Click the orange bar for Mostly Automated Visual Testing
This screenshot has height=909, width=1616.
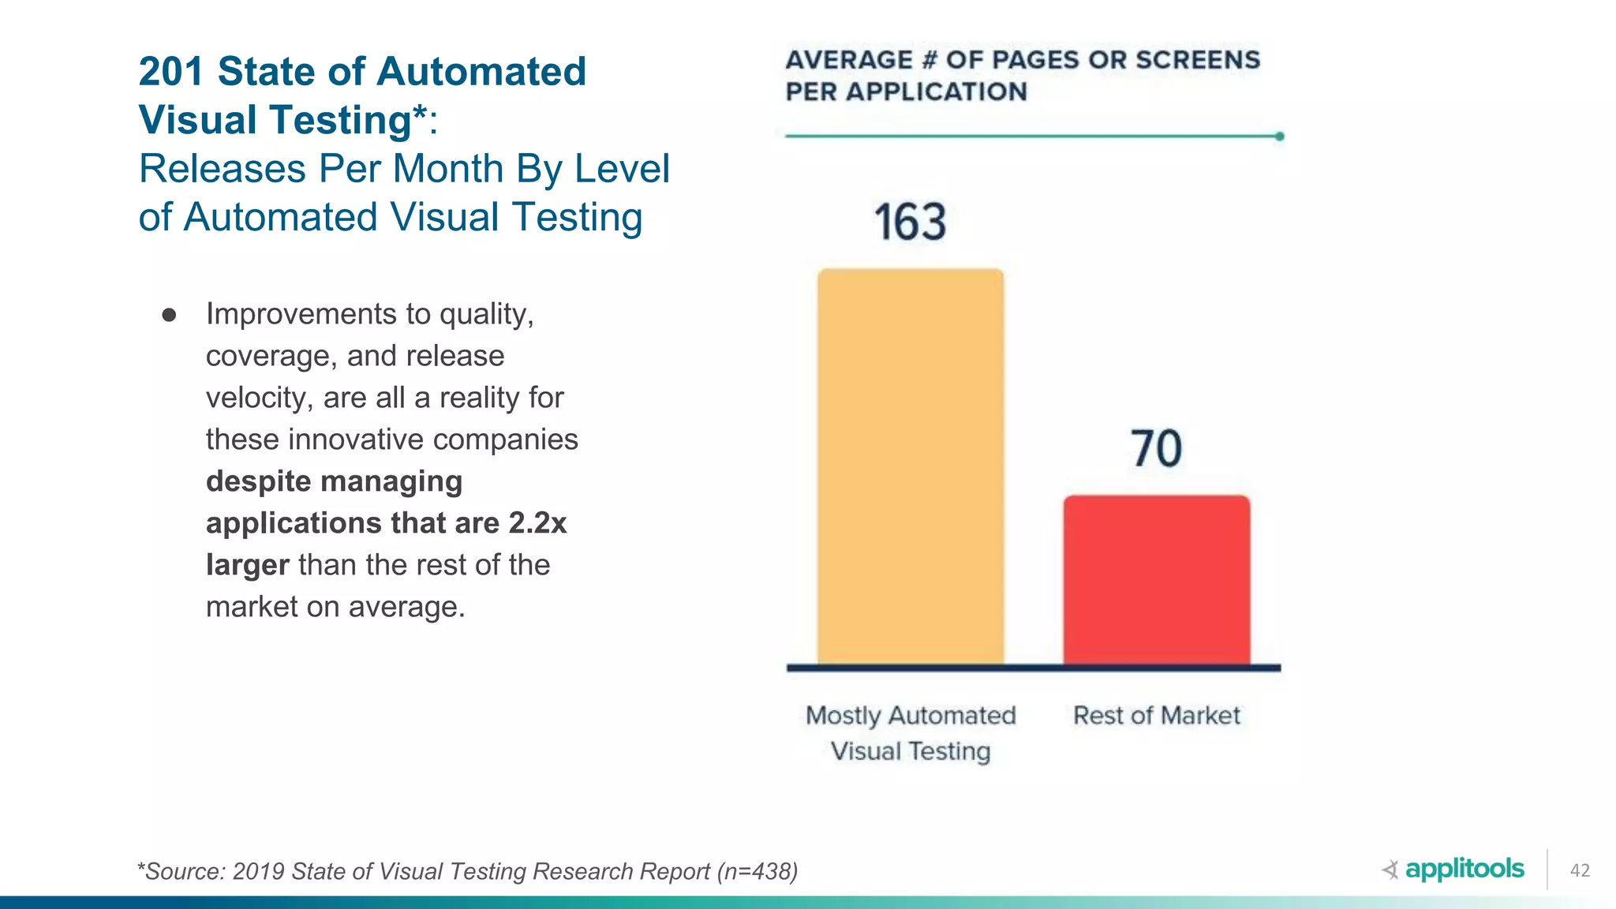pyautogui.click(x=911, y=466)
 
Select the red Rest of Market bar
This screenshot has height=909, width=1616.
pyautogui.click(x=1156, y=580)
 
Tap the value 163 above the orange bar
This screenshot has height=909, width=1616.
pyautogui.click(x=910, y=222)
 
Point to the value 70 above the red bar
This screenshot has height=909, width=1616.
pyautogui.click(x=1156, y=448)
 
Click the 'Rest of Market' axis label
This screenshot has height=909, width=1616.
pyautogui.click(x=1156, y=715)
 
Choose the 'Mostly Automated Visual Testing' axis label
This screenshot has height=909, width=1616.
pyautogui.click(x=911, y=732)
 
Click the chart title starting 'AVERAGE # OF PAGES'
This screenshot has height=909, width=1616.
pyautogui.click(x=1022, y=75)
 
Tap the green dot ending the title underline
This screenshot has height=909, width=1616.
pyautogui.click(x=1279, y=137)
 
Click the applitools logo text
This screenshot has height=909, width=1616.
pyautogui.click(x=1464, y=869)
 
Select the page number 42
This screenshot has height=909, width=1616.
pyautogui.click(x=1580, y=870)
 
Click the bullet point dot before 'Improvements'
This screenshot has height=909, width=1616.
pyautogui.click(x=169, y=316)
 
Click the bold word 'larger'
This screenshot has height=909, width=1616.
pyautogui.click(x=247, y=565)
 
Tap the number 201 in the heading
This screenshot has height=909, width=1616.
pyautogui.click(x=171, y=71)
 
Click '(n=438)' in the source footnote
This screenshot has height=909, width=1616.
pyautogui.click(x=757, y=871)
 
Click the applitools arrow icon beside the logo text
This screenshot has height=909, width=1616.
pyautogui.click(x=1390, y=870)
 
